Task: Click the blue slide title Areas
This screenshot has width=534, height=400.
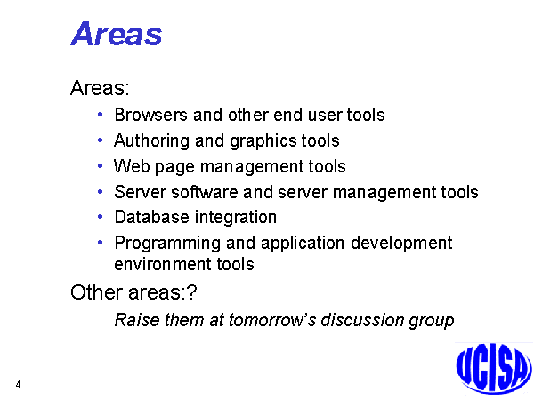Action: [x=116, y=34]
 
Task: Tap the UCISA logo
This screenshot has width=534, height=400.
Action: [x=494, y=369]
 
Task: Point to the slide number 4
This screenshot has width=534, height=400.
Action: [x=18, y=385]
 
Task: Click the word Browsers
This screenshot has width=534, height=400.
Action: [x=151, y=115]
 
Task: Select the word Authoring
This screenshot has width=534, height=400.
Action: [x=151, y=141]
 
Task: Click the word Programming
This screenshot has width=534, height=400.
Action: [x=167, y=244]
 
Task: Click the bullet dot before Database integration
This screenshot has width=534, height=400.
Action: [x=100, y=217]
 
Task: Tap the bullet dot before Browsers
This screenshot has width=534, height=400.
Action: [x=100, y=115]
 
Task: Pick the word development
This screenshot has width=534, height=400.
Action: [x=401, y=244]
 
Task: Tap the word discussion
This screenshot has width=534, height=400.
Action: [x=362, y=320]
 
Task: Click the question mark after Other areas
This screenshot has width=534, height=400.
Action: [x=192, y=292]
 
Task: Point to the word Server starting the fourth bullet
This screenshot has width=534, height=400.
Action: [x=140, y=192]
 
